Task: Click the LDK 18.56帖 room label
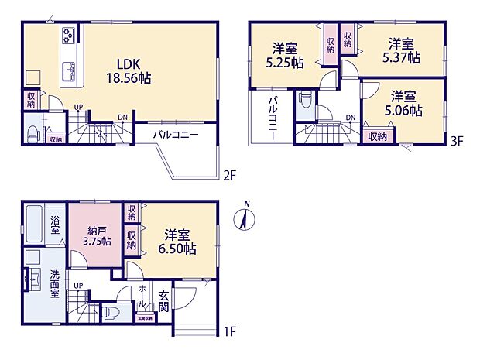129,71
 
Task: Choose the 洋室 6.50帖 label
179,242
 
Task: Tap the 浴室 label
56,225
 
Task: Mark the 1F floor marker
229,333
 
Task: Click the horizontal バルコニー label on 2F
175,134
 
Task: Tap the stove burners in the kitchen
68,35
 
